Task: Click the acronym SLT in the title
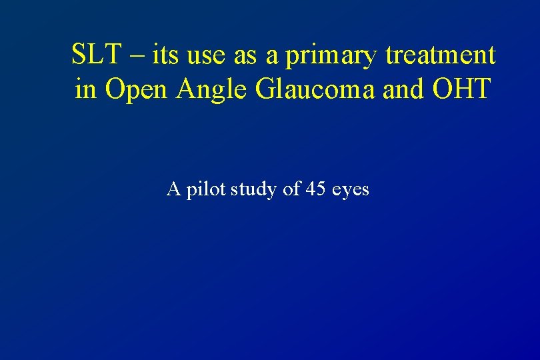[x=95, y=55]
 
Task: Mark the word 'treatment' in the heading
[x=441, y=55]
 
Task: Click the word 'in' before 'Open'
[x=85, y=88]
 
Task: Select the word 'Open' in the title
[x=137, y=89]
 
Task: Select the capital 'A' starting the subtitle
[x=173, y=189]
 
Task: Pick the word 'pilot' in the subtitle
[x=207, y=190]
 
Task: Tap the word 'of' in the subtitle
[x=292, y=189]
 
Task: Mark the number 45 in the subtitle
[x=315, y=189]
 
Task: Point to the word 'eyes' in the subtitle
[x=350, y=191]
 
